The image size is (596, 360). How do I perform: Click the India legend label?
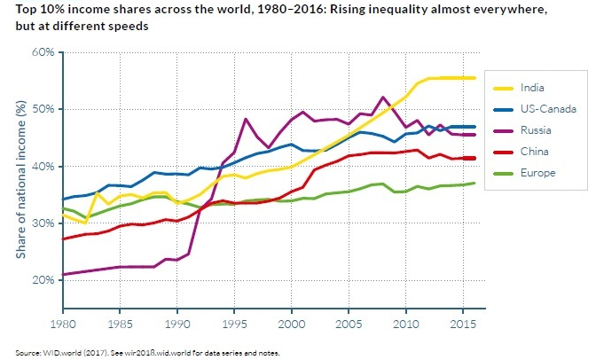[x=535, y=88]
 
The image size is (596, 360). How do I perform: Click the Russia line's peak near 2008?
[x=383, y=97]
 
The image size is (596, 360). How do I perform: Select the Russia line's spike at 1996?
[x=246, y=119]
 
